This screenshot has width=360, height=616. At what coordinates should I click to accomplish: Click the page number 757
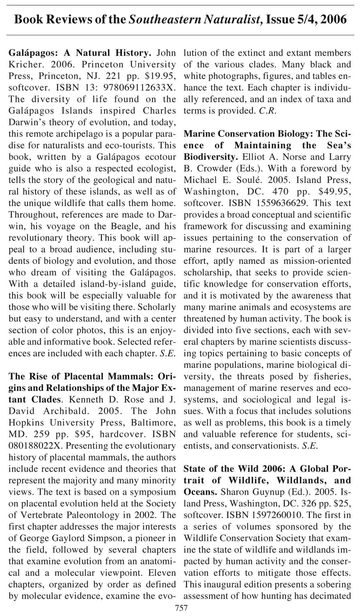click(181, 608)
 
